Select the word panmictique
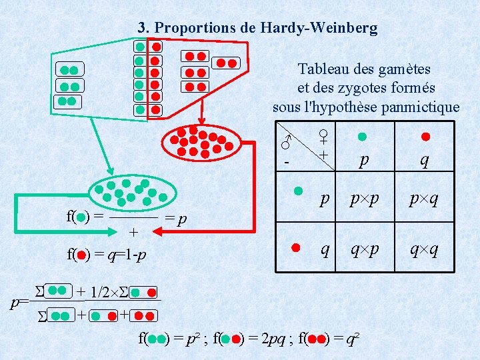coord(421,107)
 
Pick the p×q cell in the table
coord(424,199)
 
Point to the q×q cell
coord(424,249)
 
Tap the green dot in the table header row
coord(362,137)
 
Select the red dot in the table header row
coord(425,137)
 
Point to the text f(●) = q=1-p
coord(106,254)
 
